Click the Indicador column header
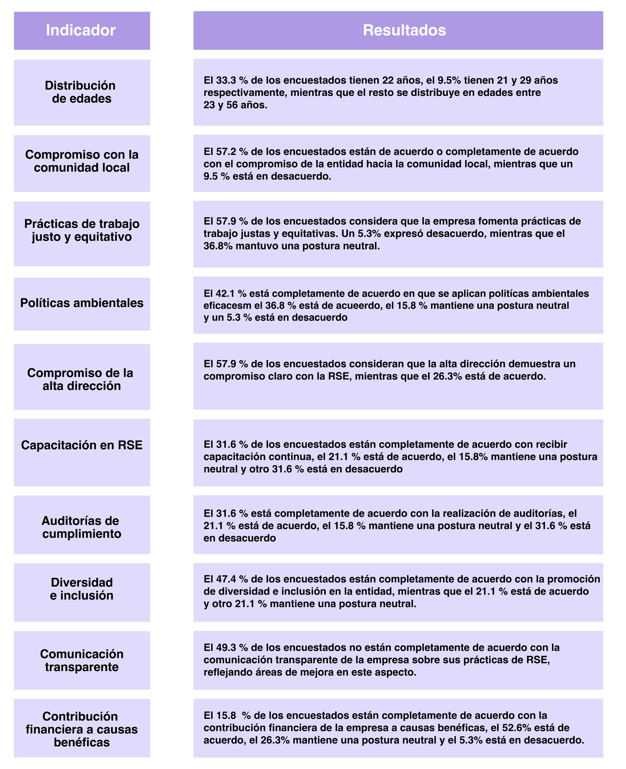point(80,30)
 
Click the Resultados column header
point(404,30)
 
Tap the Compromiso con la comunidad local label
point(81,161)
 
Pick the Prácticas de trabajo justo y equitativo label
point(81,230)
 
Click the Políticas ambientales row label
point(81,303)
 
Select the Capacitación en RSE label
point(81,445)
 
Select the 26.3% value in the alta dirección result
point(447,376)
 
